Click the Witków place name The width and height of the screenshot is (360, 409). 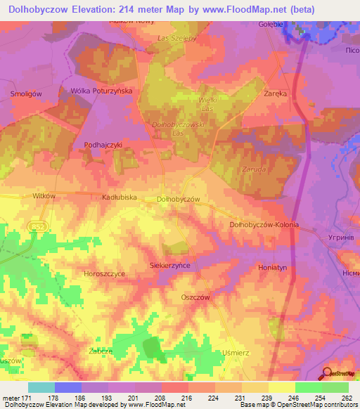coord(44,197)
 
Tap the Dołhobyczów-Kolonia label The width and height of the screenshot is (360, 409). coord(264,224)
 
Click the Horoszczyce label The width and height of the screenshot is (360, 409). coord(104,273)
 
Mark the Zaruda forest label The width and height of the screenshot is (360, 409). coord(252,169)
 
